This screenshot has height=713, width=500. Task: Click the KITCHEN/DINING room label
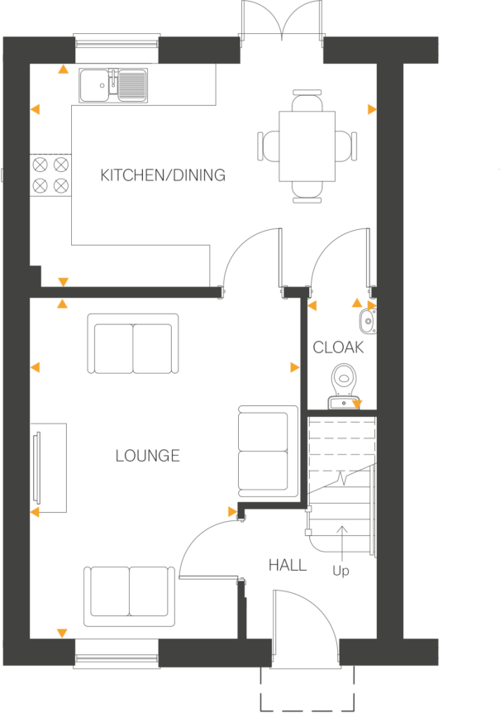pos(163,175)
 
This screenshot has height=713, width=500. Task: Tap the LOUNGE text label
pos(148,456)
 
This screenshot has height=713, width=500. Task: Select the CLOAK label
pos(338,348)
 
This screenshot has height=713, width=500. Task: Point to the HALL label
pos(287,566)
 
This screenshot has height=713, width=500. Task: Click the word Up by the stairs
pos(340,571)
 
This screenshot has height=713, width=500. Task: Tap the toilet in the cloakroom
pos(343,384)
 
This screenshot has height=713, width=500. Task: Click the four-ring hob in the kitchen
pos(50,175)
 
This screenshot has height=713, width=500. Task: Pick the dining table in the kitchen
pos(307,146)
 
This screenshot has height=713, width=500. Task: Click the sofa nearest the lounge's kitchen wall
pos(133,344)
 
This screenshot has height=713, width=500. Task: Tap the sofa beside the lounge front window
pos(129,591)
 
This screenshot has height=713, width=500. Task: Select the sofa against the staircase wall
pos(265,452)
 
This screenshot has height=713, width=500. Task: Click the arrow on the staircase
pos(342,538)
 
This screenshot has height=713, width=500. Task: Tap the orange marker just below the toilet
pos(357,404)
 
